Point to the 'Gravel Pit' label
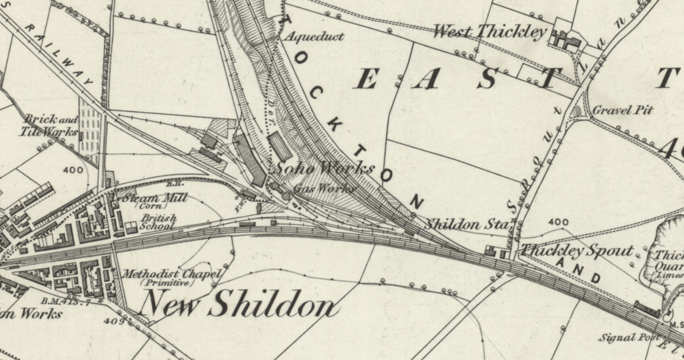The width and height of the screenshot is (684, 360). click(x=622, y=110)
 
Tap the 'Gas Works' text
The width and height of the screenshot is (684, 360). click(x=324, y=189)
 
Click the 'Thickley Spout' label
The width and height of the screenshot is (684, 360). click(x=576, y=250)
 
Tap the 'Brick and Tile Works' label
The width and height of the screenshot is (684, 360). click(x=49, y=126)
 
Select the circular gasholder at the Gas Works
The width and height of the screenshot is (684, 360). click(x=286, y=196)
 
